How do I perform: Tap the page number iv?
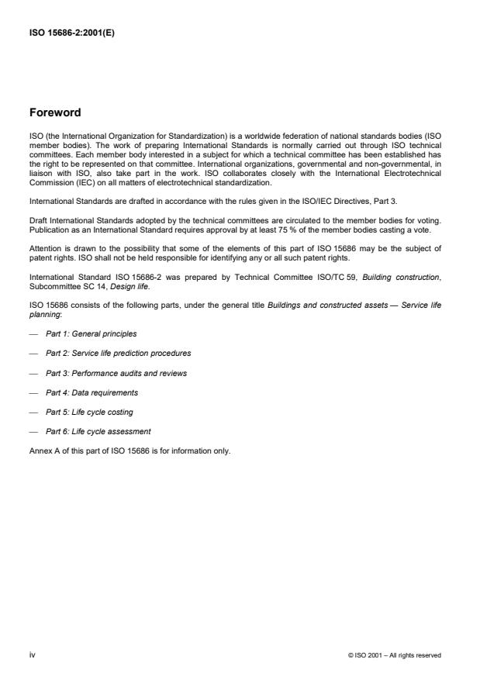pyautogui.click(x=32, y=654)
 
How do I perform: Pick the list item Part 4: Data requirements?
pyautogui.click(x=92, y=392)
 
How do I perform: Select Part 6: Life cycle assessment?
pyautogui.click(x=98, y=431)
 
